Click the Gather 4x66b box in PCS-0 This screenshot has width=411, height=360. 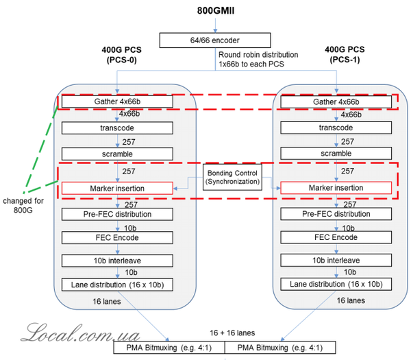(117, 102)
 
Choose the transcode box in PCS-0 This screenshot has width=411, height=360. (117, 128)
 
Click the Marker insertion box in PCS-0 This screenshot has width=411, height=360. (117, 188)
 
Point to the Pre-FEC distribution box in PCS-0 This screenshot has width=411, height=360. (117, 214)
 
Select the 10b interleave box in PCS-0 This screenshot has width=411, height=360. (117, 261)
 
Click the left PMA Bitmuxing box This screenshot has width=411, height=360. (169, 347)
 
